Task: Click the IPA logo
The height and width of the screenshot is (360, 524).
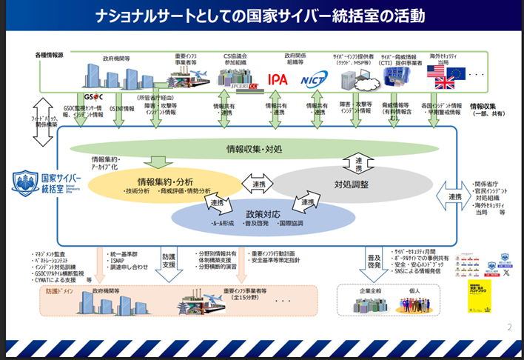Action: click(x=278, y=79)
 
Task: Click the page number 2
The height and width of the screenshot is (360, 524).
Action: click(x=509, y=327)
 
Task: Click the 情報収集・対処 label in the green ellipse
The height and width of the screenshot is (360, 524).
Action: click(x=253, y=149)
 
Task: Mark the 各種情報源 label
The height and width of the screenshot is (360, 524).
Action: click(x=50, y=56)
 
